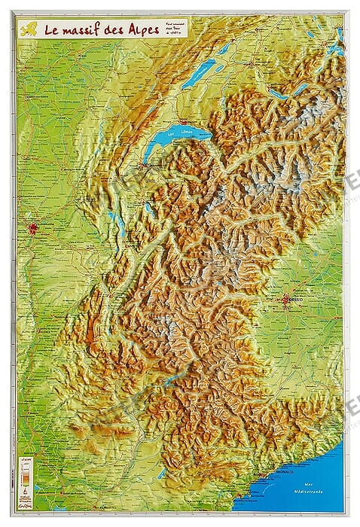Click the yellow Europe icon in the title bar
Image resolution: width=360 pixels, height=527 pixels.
29,31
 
